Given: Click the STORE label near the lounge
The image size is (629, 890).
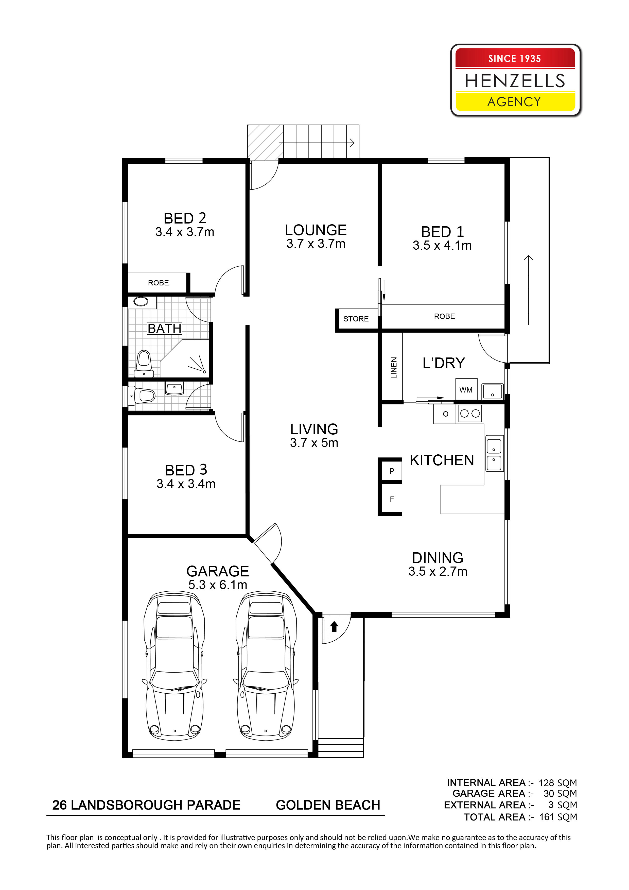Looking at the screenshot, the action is (356, 319).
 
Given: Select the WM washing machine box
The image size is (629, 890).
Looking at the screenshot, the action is (466, 389).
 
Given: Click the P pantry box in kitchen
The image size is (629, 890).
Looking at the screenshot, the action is (391, 471).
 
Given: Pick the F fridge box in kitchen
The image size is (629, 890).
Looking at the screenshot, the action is (391, 499).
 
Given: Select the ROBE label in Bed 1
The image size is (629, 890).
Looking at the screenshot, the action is (444, 316).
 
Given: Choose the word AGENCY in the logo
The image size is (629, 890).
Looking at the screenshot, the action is (514, 101).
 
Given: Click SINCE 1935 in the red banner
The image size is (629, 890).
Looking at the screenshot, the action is (514, 59).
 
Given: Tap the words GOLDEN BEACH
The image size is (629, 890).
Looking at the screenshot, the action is (328, 805).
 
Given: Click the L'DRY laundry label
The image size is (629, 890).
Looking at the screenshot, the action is (443, 363).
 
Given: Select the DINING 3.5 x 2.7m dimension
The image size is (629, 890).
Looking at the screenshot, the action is (438, 571).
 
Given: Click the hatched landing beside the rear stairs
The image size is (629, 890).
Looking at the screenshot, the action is (265, 142).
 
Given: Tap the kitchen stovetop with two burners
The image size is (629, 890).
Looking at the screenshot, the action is (470, 413).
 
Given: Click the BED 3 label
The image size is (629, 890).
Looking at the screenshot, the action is (186, 470).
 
